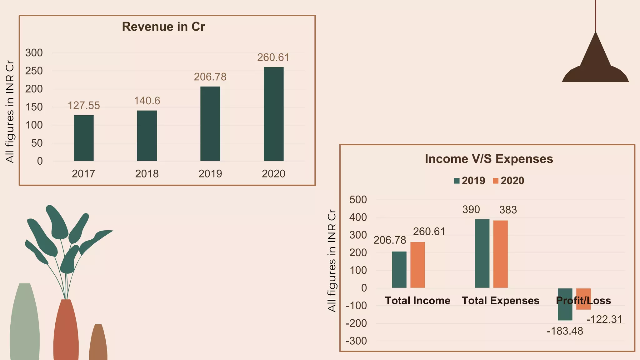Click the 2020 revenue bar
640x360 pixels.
[x=273, y=114]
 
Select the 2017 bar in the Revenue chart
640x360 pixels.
[x=83, y=138]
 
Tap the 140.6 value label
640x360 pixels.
[x=147, y=101]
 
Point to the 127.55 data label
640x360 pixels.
[x=84, y=106]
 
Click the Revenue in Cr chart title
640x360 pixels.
[x=163, y=27]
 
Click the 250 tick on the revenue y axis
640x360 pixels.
[x=34, y=71]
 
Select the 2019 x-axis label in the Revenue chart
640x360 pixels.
[x=210, y=174]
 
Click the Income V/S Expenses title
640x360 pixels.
[x=489, y=159]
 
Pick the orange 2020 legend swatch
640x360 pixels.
[x=496, y=181]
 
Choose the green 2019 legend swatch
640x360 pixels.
[x=457, y=181]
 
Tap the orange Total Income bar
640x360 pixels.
[x=417, y=265]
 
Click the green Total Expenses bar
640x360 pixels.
[x=482, y=253]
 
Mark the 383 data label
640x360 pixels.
[x=508, y=210]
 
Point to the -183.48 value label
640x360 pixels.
[x=565, y=331]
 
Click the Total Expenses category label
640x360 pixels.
[x=500, y=301]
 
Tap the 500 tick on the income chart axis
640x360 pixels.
[x=358, y=199]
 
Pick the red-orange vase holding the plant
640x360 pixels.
[x=66, y=331]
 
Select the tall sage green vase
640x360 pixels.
[x=25, y=322]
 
